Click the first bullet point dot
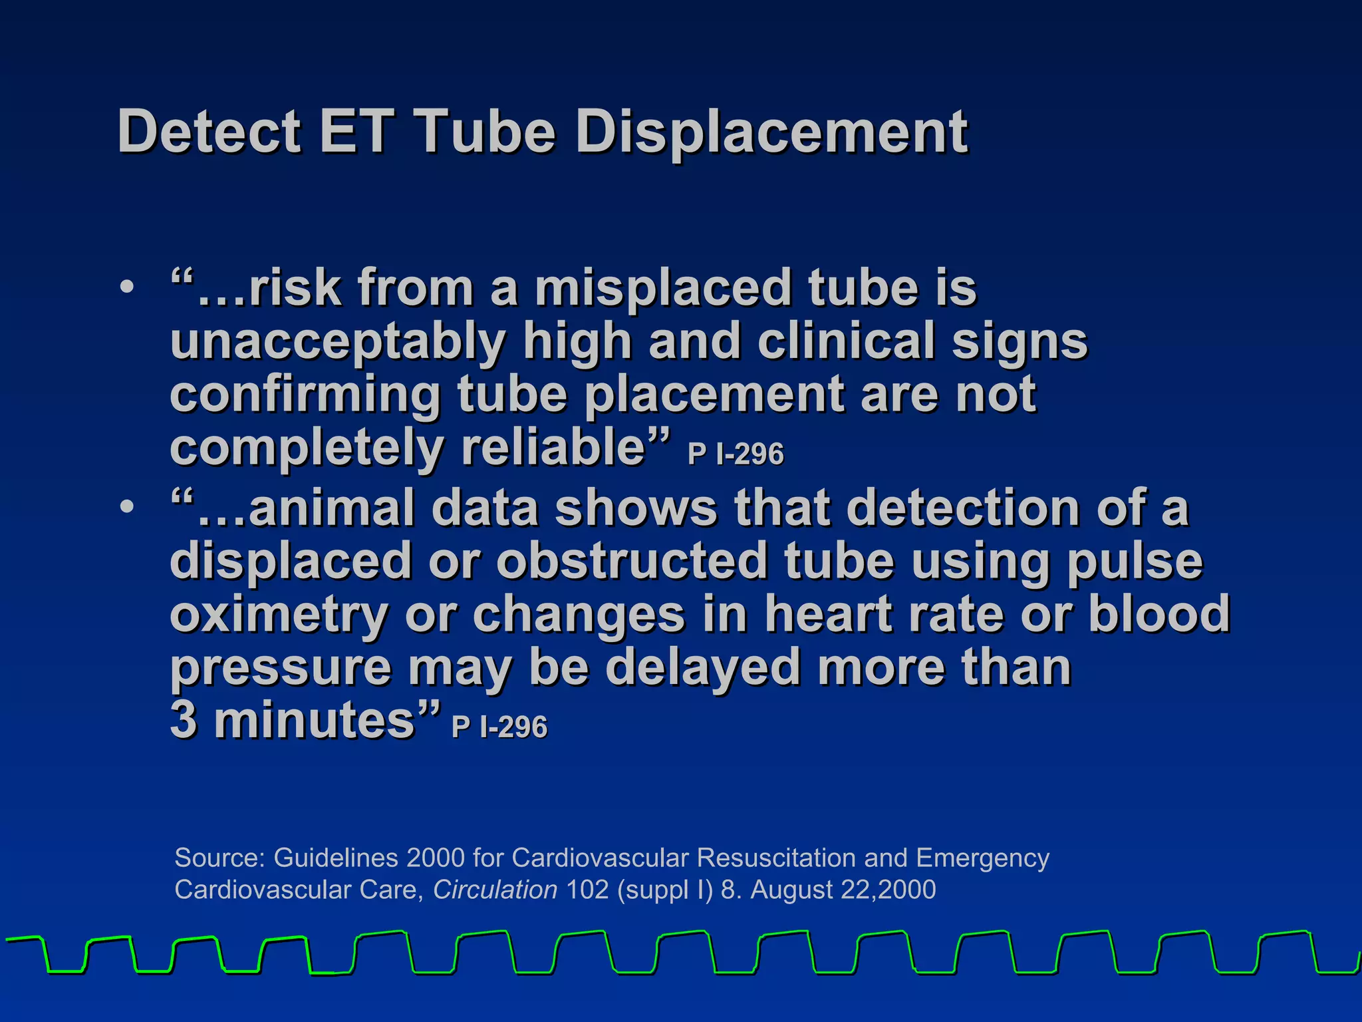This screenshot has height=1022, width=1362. coord(126,288)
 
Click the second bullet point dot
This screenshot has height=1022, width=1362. coord(126,507)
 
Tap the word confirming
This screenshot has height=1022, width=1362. coord(305,395)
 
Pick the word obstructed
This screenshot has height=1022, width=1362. coord(632,562)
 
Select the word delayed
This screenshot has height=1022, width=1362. coord(702,668)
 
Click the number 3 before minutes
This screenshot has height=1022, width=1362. coord(184,721)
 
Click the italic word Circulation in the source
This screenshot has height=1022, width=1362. coord(495,890)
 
